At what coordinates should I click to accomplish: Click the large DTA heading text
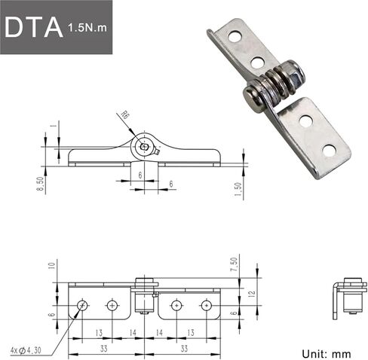[34, 27]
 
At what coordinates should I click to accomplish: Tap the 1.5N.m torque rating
[87, 28]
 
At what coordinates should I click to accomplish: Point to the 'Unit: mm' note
[327, 354]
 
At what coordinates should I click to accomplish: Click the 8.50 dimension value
[41, 184]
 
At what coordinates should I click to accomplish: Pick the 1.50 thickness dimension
[238, 190]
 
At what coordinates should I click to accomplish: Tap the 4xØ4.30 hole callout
[26, 350]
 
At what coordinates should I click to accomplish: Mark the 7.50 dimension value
[234, 264]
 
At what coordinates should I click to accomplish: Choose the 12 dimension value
[253, 293]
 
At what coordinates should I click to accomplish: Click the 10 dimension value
[51, 266]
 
